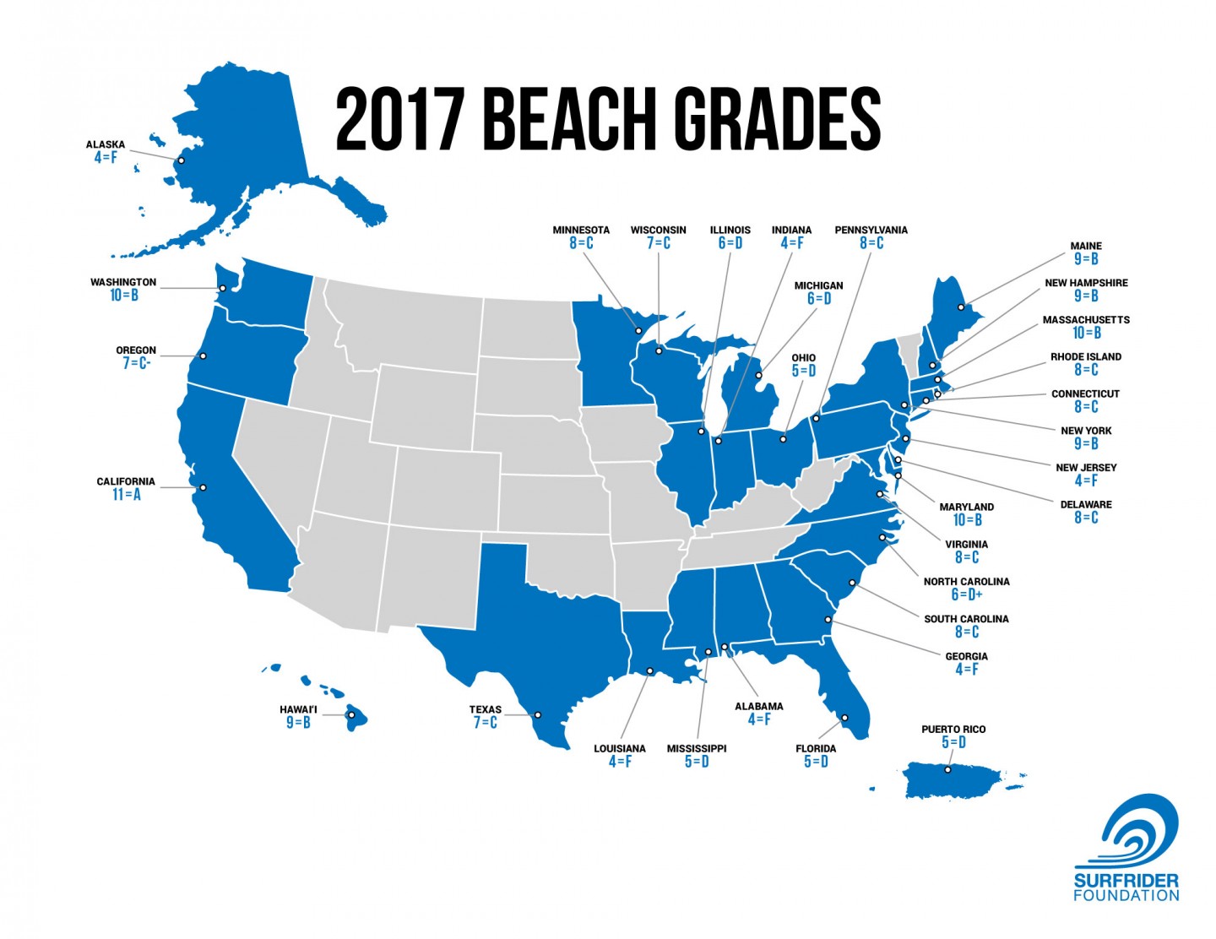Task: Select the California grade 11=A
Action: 126,495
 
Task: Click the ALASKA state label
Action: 106,144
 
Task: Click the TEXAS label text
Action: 486,709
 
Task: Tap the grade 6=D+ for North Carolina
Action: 966,594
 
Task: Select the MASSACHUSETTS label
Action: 1086,320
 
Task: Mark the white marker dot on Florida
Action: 844,718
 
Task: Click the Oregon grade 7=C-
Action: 136,364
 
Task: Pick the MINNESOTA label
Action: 581,230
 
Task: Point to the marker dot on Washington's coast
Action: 222,289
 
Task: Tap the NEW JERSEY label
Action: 1086,467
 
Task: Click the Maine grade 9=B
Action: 1086,259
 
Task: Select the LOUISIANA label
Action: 619,748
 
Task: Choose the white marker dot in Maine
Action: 961,307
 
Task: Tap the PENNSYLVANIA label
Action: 871,230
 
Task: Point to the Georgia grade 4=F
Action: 966,670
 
